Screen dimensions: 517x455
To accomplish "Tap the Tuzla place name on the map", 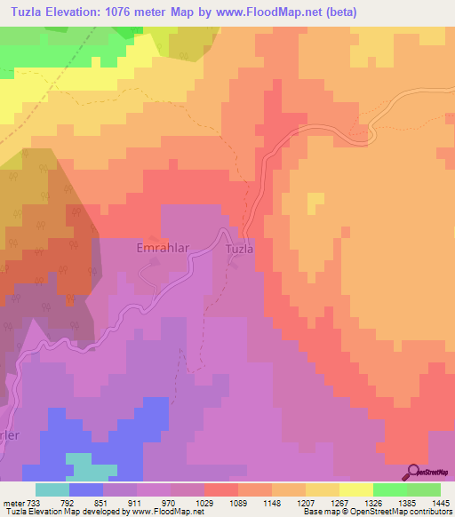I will click(238, 250).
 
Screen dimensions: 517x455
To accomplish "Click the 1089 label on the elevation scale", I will click(237, 503).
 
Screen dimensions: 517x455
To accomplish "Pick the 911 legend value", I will click(136, 503).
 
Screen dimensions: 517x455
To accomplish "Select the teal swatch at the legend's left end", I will click(52, 489).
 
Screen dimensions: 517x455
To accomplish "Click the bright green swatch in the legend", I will click(390, 489).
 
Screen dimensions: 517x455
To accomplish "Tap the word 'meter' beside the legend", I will click(12, 503).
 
